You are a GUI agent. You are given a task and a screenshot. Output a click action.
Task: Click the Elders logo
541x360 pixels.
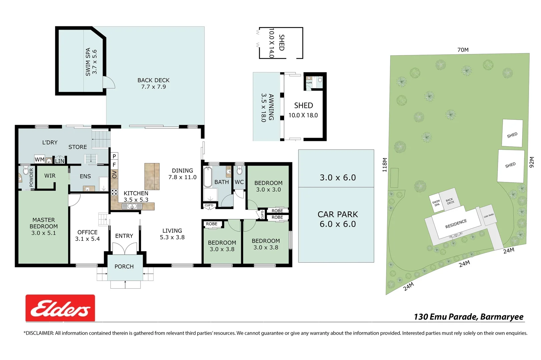click(x=60, y=308)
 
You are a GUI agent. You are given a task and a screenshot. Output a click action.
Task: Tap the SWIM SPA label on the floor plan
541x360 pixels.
click(x=91, y=62)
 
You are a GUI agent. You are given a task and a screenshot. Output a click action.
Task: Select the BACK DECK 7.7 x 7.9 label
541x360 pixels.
click(x=153, y=83)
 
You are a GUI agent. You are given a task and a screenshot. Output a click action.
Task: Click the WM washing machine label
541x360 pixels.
click(x=39, y=160)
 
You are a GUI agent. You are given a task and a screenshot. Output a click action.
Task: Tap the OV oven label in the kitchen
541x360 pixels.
click(x=114, y=174)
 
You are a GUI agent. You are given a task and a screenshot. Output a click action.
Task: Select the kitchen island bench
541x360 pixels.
click(x=152, y=176)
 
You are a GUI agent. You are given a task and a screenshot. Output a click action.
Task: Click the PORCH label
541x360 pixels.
click(x=124, y=267)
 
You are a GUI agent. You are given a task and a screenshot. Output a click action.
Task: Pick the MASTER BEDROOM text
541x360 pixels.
click(x=44, y=223)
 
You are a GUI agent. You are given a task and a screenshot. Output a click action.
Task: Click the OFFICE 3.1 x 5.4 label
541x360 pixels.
click(x=87, y=235)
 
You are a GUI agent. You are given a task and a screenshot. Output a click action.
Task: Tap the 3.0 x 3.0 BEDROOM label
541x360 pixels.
click(x=268, y=186)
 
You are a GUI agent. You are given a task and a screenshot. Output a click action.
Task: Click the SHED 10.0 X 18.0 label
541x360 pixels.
click(x=303, y=110)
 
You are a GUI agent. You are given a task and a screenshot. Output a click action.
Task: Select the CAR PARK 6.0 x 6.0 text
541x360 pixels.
click(x=338, y=219)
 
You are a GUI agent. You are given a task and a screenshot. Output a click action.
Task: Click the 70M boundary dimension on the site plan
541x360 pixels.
click(x=463, y=50)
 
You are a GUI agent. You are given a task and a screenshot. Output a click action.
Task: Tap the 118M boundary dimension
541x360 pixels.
click(x=385, y=165)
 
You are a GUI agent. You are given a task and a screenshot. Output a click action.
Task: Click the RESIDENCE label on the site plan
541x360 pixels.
click(x=456, y=224)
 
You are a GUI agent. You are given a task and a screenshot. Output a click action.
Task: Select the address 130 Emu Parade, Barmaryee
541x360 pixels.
click(x=468, y=317)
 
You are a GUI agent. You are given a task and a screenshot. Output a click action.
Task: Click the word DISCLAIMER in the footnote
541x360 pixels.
click(x=40, y=333)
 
